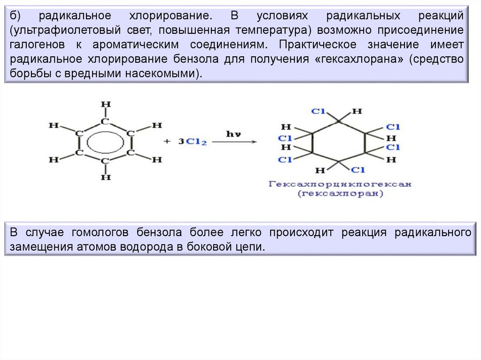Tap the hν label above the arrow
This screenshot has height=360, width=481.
(x=233, y=134)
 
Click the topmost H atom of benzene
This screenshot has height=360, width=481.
(x=106, y=104)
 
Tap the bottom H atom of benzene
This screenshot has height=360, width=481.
(x=106, y=177)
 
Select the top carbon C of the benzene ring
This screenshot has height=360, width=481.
(x=106, y=122)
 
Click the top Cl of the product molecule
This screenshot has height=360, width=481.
(x=318, y=112)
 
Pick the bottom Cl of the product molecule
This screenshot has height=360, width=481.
(x=358, y=169)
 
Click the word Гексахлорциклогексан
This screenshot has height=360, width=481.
(x=340, y=184)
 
